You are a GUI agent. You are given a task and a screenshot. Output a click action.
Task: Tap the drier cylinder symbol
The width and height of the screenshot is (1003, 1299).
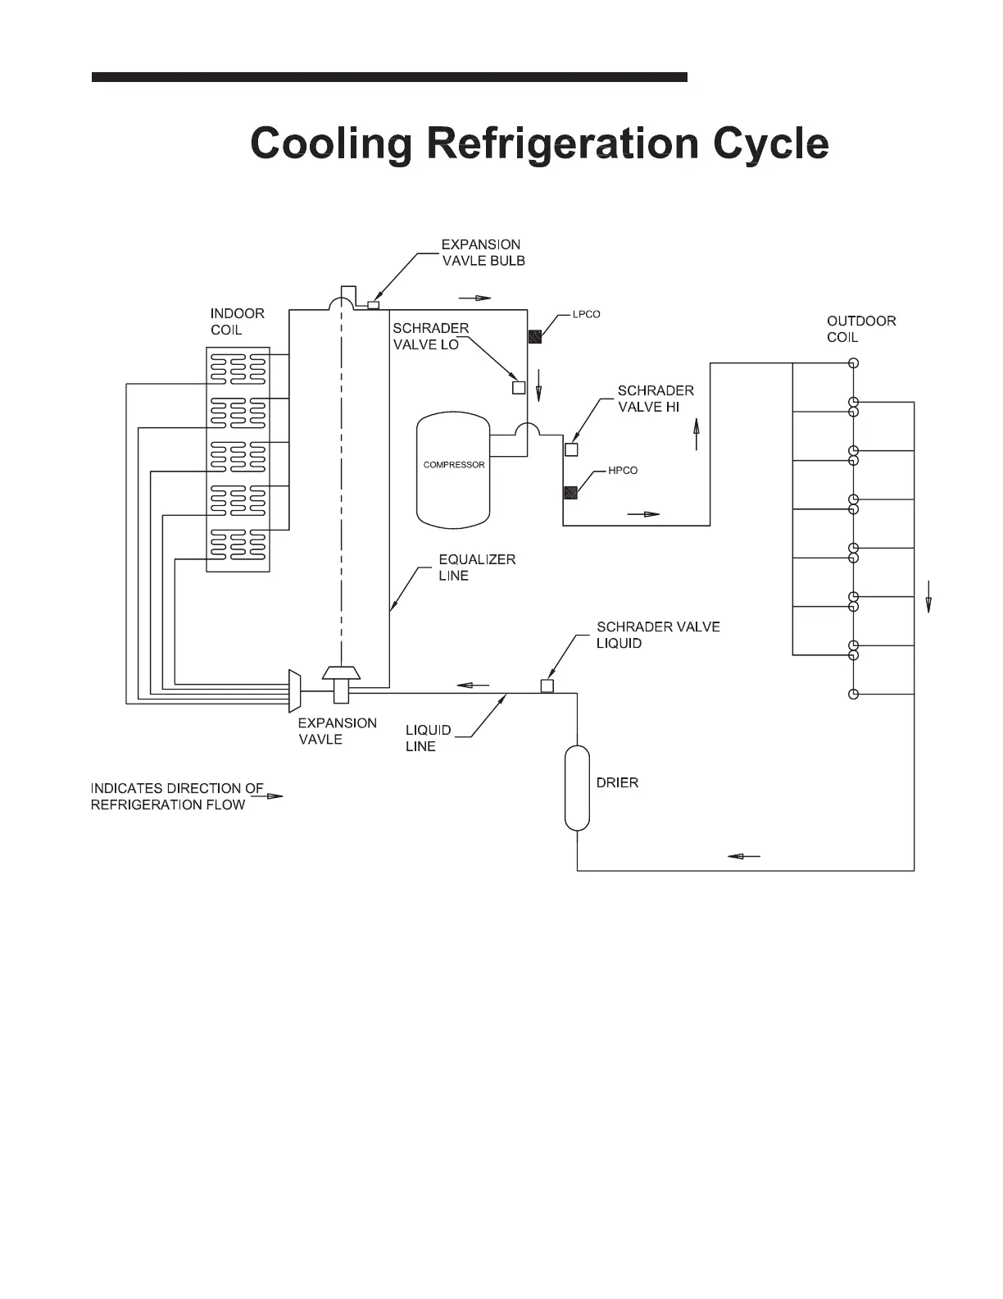[x=577, y=787]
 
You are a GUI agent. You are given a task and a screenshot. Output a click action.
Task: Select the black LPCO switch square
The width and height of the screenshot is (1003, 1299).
[x=533, y=336]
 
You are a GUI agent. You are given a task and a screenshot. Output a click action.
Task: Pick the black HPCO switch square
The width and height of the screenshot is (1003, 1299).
[x=570, y=492]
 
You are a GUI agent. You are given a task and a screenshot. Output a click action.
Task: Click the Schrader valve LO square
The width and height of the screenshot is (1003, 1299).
[x=518, y=388]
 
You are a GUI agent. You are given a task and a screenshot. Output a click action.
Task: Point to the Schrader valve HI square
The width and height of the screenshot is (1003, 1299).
[x=571, y=449]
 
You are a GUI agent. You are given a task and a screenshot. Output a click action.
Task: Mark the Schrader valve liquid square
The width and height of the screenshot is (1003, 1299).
[x=547, y=686]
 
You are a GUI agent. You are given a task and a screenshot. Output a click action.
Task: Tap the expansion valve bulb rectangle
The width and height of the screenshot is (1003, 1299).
[x=374, y=305]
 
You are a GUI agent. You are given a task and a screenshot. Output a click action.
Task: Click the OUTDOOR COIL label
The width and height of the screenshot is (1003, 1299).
[x=860, y=329]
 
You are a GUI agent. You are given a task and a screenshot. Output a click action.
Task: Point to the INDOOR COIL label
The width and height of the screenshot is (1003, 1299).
[x=237, y=321]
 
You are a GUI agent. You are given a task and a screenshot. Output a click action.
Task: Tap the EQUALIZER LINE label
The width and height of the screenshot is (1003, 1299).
[x=476, y=567]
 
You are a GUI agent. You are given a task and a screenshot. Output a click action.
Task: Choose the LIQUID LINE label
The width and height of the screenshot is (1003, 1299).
[x=428, y=738]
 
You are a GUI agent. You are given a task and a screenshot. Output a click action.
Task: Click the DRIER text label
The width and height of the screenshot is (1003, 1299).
[x=617, y=783]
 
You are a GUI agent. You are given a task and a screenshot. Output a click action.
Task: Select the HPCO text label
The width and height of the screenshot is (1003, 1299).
[x=623, y=471]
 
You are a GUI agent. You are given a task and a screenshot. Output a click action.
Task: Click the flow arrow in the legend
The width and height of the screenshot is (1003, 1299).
[x=274, y=795]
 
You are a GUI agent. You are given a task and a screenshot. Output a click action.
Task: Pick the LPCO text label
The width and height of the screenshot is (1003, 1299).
[x=586, y=315]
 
